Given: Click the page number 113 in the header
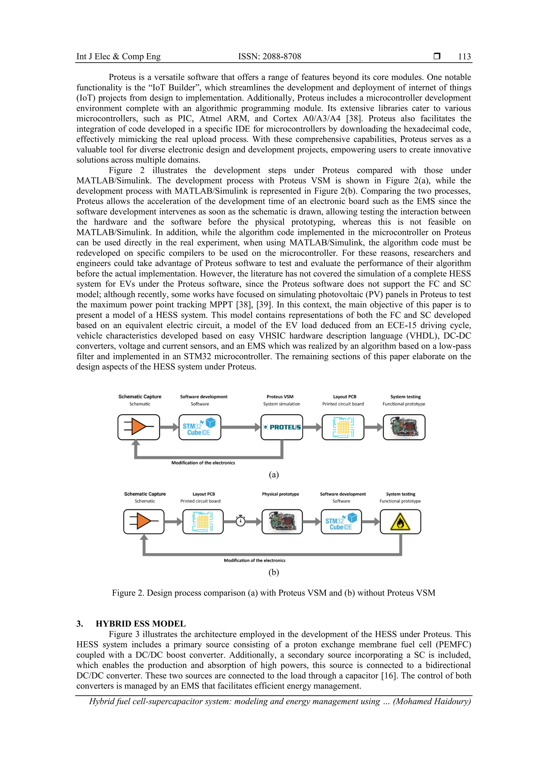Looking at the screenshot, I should [x=464, y=56].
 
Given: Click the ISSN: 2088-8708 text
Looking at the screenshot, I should [x=270, y=56].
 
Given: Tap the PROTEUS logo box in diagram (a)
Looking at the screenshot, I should [x=282, y=427].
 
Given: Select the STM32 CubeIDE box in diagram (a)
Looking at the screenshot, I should [x=200, y=427].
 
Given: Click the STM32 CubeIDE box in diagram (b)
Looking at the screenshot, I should [x=341, y=521].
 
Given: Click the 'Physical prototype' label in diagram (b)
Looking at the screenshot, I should [x=280, y=494].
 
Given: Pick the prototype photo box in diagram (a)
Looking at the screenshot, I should [x=404, y=427].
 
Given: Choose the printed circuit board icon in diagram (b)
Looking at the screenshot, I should [x=203, y=521].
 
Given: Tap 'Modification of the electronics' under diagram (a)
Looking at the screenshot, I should [x=203, y=463].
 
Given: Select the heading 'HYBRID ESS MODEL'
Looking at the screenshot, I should [x=140, y=624].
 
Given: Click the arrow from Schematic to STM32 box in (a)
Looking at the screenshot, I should [x=169, y=427].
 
